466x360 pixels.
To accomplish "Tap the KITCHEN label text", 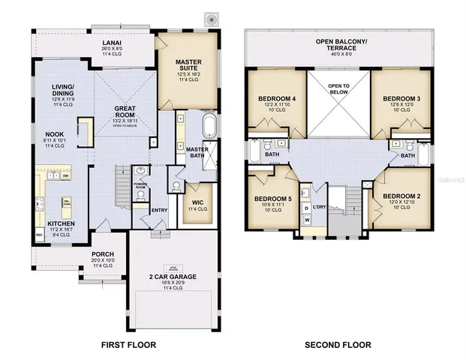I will [x=61, y=223].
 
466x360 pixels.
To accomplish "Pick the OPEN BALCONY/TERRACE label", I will [x=338, y=43].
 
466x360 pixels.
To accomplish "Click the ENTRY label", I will [x=159, y=210].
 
